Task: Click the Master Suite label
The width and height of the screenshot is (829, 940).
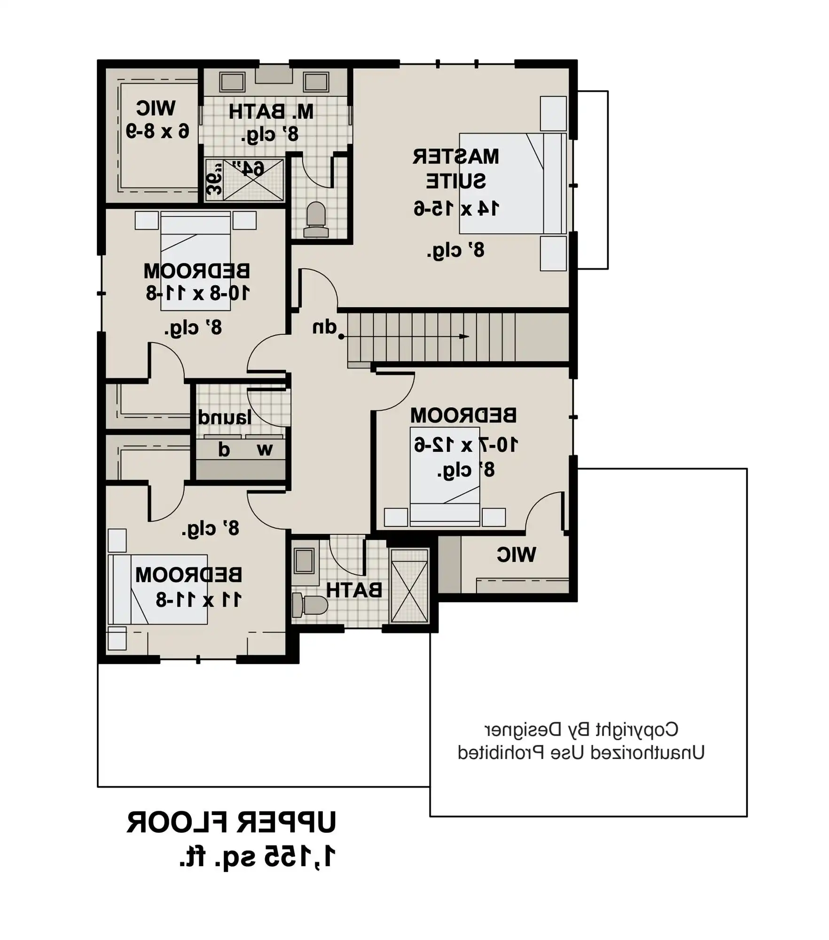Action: click(456, 169)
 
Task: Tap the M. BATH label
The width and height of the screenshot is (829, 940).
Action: click(271, 112)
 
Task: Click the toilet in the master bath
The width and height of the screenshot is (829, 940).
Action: click(316, 219)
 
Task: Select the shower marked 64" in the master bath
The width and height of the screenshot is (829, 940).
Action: click(253, 180)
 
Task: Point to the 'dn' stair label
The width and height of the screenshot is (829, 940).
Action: click(325, 327)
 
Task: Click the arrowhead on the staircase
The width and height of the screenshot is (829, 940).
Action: click(464, 337)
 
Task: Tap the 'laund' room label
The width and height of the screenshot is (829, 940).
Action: click(225, 417)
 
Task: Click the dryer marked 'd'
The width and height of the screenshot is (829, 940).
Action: click(223, 450)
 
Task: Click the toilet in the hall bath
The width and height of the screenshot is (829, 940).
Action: click(310, 605)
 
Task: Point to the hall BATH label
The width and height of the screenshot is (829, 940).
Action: click(354, 590)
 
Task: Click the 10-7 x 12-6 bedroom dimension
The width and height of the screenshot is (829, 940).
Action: click(466, 444)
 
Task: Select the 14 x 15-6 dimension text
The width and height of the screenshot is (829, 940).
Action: click(456, 208)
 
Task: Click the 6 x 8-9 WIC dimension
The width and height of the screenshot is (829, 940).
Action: click(157, 131)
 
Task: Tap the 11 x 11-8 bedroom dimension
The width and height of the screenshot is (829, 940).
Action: click(199, 600)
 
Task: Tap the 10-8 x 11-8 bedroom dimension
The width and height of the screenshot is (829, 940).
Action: click(198, 293)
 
